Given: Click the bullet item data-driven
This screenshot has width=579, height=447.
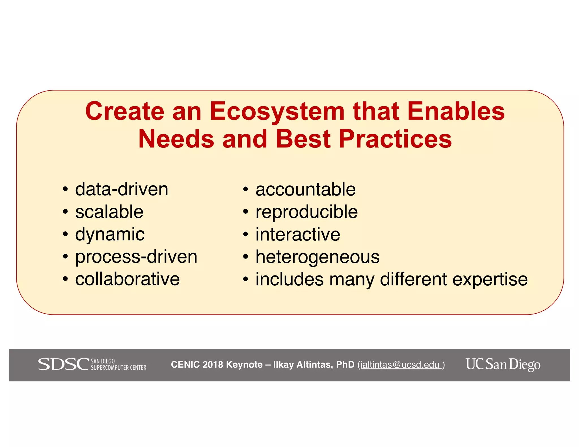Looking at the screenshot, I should pyautogui.click(x=122, y=189).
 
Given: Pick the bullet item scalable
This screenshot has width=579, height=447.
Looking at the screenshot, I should pyautogui.click(x=109, y=212).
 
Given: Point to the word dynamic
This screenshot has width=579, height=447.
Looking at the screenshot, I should pyautogui.click(x=110, y=234).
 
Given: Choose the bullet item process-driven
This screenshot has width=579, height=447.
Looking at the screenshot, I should pyautogui.click(x=136, y=257).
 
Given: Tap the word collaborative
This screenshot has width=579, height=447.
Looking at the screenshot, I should pyautogui.click(x=127, y=279).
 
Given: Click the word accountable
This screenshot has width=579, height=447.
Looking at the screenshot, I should pyautogui.click(x=305, y=189).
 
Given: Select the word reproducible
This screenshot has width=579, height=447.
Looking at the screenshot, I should pyautogui.click(x=306, y=212).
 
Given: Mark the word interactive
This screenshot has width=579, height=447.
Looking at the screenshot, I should pyautogui.click(x=298, y=234).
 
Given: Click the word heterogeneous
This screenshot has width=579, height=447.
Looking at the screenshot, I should pyautogui.click(x=317, y=257).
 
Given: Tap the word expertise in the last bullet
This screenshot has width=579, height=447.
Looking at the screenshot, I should pyautogui.click(x=490, y=279).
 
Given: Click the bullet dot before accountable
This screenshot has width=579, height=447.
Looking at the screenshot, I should pyautogui.click(x=245, y=190).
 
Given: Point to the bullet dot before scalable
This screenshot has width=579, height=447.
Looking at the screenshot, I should pyautogui.click(x=65, y=212).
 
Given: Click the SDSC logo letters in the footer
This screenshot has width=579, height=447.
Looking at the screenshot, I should pyautogui.click(x=64, y=364).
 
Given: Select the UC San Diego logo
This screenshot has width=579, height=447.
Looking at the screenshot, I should pyautogui.click(x=503, y=364).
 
